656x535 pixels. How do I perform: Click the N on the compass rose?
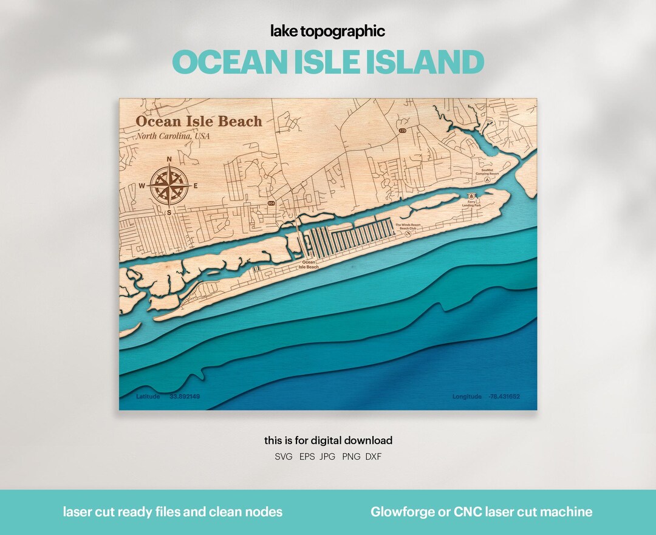(x=169, y=160)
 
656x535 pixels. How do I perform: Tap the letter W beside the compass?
(x=142, y=186)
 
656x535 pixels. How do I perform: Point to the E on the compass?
(x=196, y=186)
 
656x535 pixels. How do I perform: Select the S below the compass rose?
(x=169, y=213)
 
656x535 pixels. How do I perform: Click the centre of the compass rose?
(x=169, y=186)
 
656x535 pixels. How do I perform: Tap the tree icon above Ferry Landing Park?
(x=471, y=196)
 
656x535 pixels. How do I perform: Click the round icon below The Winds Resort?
(x=411, y=233)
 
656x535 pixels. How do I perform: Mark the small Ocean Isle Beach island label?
(x=309, y=265)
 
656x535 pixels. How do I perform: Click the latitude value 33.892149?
(x=185, y=397)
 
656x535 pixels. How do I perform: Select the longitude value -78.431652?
(x=504, y=397)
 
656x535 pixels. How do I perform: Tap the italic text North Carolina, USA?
(x=173, y=136)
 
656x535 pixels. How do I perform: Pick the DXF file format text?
(x=374, y=457)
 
